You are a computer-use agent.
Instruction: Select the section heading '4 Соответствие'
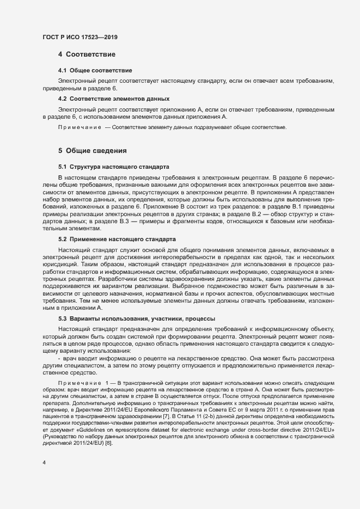click(x=86, y=54)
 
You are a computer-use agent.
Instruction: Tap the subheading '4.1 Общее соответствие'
click(x=95, y=70)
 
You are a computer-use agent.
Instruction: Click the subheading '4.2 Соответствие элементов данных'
click(x=113, y=99)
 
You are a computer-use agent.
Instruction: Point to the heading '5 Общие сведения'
click(x=92, y=150)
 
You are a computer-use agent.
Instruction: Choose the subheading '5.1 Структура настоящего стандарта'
click(x=114, y=166)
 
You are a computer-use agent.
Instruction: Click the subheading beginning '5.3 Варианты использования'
click(x=136, y=318)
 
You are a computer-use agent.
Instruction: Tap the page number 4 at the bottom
click(x=44, y=463)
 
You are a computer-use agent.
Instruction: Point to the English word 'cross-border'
click(x=274, y=430)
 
